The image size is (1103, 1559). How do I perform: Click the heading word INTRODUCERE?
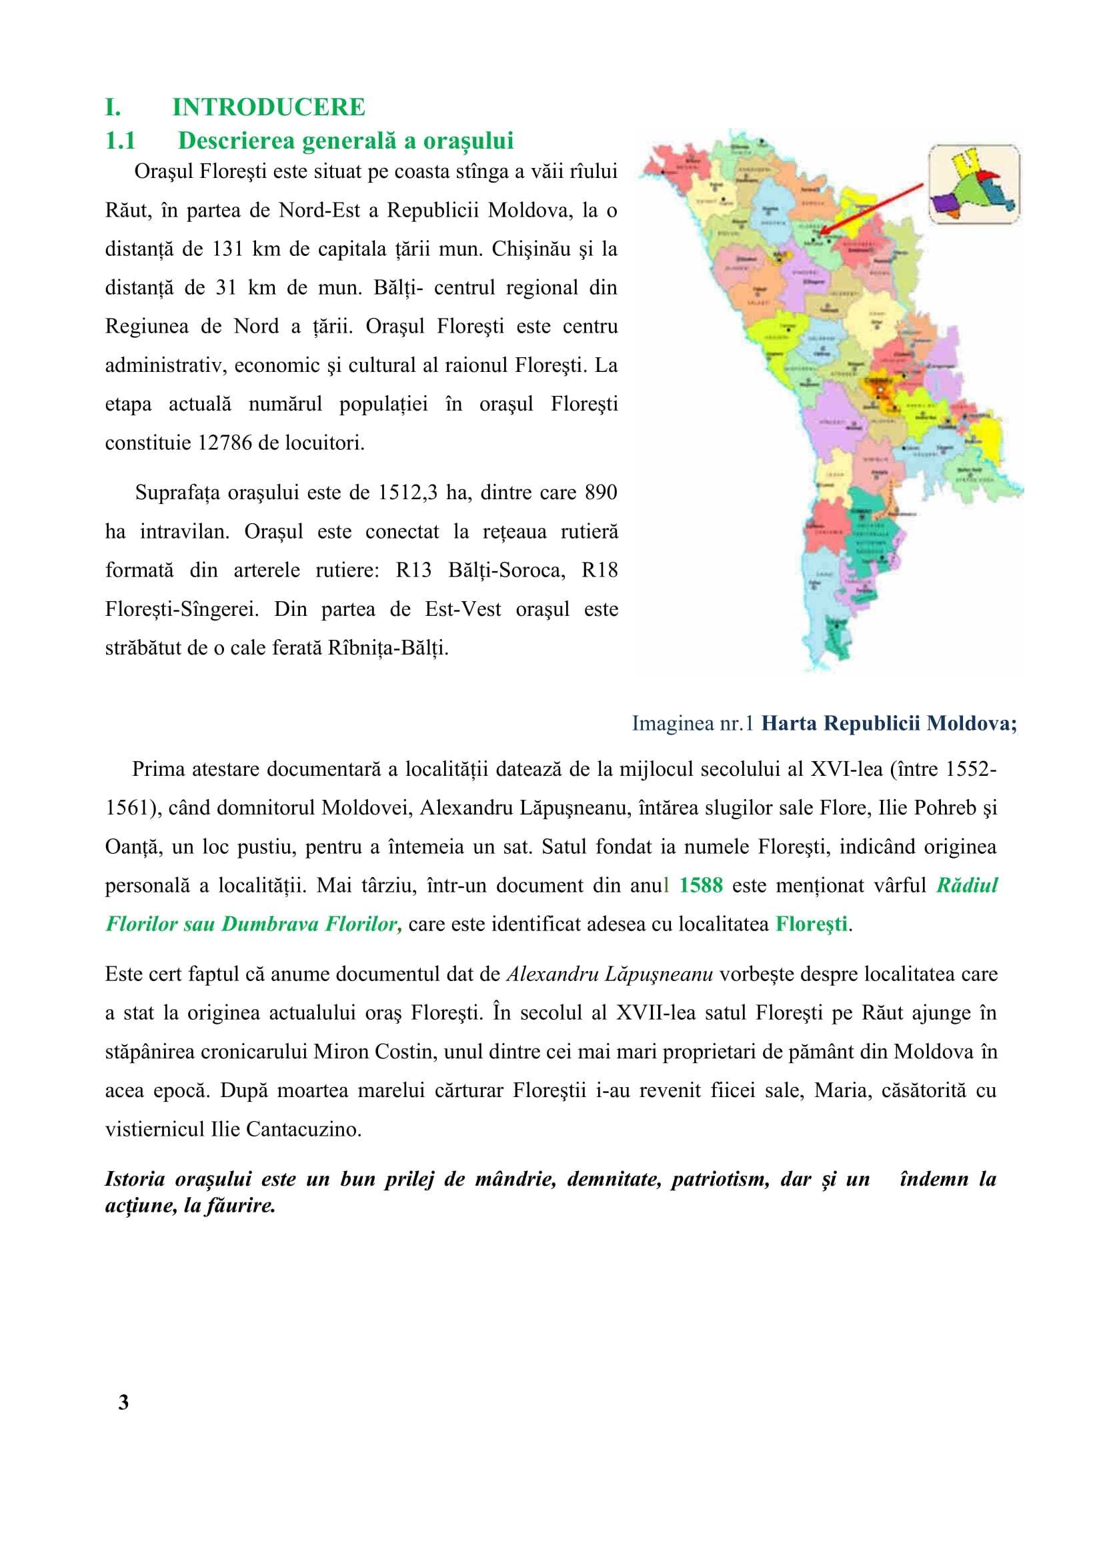tap(268, 107)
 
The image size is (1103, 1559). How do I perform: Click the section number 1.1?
tap(120, 141)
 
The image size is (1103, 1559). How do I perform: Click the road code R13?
tap(413, 571)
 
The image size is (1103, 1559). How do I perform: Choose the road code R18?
tap(600, 571)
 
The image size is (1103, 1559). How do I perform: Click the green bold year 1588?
tap(701, 885)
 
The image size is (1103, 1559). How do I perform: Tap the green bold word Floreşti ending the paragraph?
tap(812, 924)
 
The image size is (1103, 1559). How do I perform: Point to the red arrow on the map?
tap(873, 208)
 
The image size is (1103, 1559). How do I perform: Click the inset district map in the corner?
tap(974, 184)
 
